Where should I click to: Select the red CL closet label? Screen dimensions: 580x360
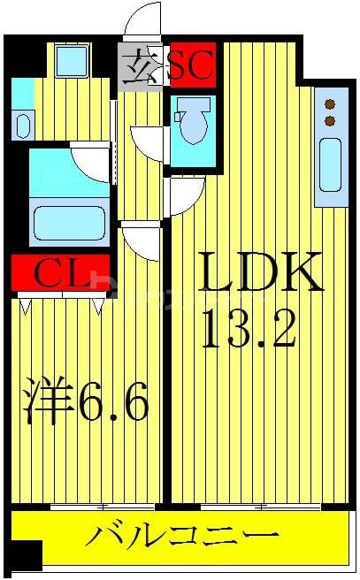click(60, 273)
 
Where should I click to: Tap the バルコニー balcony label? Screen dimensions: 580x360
click(180, 536)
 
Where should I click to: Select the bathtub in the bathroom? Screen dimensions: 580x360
click(68, 222)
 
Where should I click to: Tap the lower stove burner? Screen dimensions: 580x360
click(331, 119)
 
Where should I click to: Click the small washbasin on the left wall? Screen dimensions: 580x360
click(22, 124)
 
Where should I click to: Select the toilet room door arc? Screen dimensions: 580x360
click(146, 141)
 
